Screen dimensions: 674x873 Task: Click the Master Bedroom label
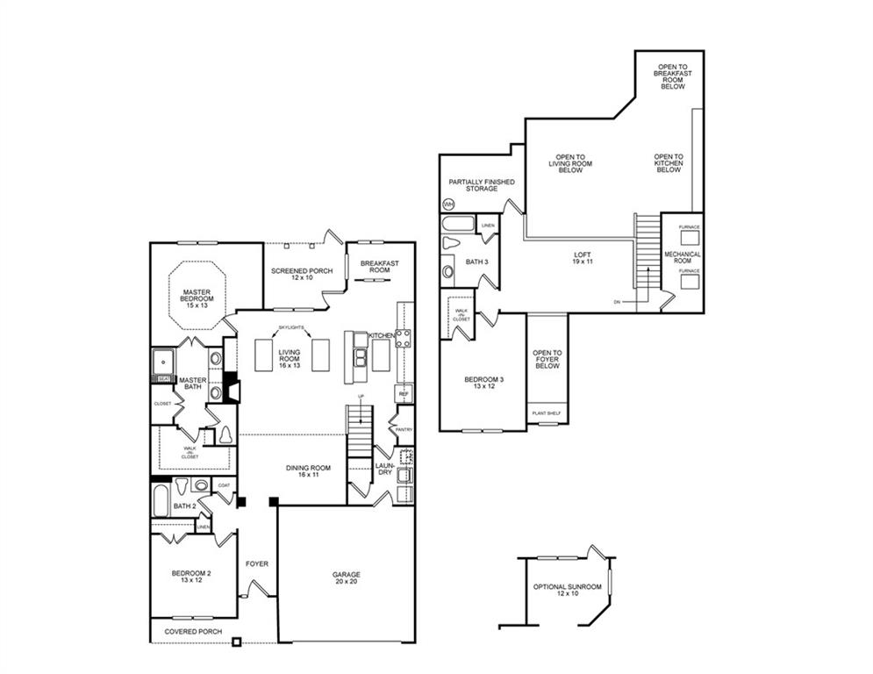click(197, 298)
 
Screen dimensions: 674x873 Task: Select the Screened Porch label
click(301, 274)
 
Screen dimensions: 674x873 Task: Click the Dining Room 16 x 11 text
click(308, 471)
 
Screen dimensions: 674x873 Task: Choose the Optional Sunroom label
click(568, 590)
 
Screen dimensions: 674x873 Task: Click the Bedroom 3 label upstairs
click(483, 384)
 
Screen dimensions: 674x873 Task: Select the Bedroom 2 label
click(190, 577)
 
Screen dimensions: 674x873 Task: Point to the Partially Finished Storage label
click(482, 185)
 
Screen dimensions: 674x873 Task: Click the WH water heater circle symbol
click(448, 204)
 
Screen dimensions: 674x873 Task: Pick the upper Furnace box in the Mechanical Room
click(689, 238)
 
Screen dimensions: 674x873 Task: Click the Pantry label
click(404, 429)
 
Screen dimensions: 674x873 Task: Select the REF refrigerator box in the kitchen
click(404, 394)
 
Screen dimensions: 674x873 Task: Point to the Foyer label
click(257, 563)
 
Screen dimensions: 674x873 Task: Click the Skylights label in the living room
click(291, 327)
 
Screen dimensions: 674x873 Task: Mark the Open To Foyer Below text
click(547, 359)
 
